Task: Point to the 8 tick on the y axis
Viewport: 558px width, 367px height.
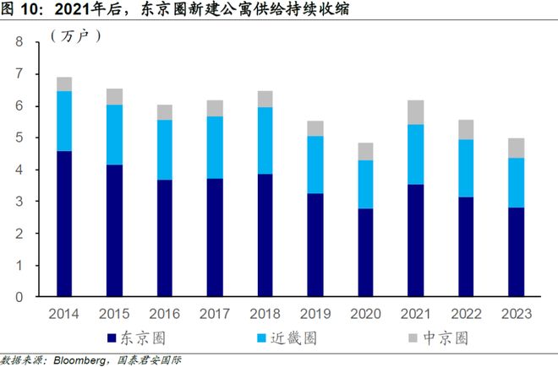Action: click(18, 42)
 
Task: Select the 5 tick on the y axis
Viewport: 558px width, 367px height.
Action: click(18, 138)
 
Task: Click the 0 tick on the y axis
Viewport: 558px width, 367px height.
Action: click(18, 297)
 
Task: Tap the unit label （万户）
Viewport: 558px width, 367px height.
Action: click(75, 35)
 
